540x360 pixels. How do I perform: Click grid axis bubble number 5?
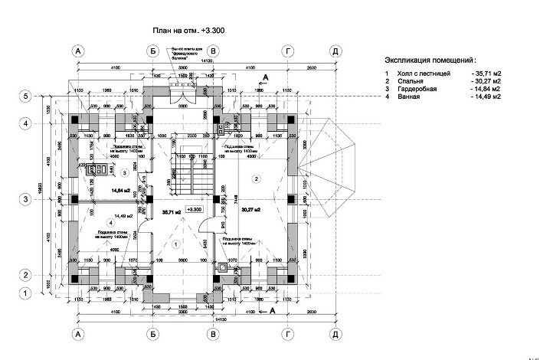pyautogui.click(x=25, y=97)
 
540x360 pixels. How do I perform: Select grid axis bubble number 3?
pyautogui.click(x=25, y=199)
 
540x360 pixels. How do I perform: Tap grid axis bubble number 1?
pyautogui.click(x=25, y=293)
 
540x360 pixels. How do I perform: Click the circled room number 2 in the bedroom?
pyautogui.click(x=257, y=178)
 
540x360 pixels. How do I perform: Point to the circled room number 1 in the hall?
pyautogui.click(x=175, y=244)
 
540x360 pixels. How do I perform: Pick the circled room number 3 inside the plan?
pyautogui.click(x=123, y=173)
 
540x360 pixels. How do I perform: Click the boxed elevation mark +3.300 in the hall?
pyautogui.click(x=194, y=209)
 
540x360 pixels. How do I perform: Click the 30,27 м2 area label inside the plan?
pyautogui.click(x=250, y=209)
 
